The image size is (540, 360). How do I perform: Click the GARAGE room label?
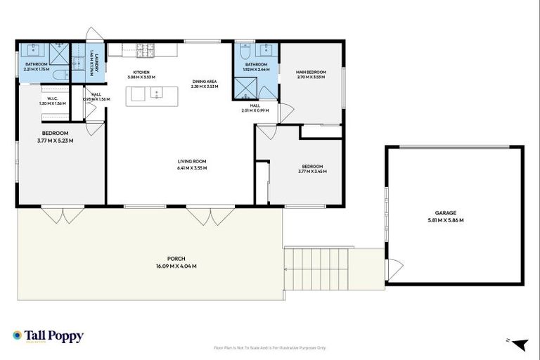[445, 212]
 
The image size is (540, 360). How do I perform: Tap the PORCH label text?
[175, 258]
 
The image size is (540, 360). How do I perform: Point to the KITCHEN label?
[141, 71]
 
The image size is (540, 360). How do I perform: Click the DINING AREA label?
[205, 81]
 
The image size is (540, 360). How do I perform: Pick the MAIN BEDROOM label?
[310, 71]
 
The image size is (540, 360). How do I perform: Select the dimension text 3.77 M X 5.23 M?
[55, 141]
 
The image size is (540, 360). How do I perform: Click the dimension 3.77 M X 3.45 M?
[311, 172]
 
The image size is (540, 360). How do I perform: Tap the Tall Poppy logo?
[48, 336]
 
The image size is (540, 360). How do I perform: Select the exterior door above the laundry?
[93, 34]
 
